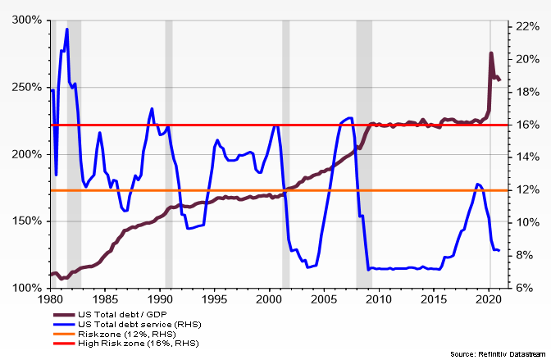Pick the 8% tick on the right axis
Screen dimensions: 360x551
click(525, 255)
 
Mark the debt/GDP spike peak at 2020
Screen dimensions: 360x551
click(490, 54)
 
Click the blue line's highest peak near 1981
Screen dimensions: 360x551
click(66, 30)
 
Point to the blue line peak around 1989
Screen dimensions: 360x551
click(152, 108)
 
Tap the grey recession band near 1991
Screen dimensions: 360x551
click(169, 156)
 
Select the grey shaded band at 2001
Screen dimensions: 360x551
click(286, 156)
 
